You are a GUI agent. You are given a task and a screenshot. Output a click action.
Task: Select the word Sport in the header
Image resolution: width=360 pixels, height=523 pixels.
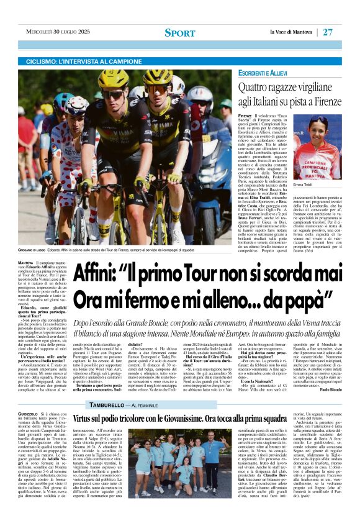(180, 32)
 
